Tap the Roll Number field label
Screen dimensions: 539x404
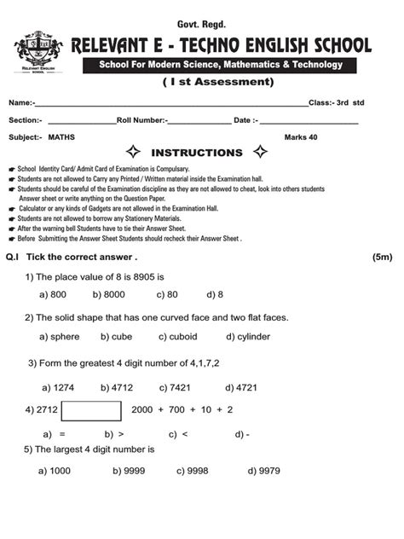[142, 119]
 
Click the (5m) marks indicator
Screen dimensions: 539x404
[382, 257]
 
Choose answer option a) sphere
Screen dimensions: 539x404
[60, 337]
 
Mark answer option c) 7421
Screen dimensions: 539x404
[175, 387]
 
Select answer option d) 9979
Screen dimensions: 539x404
[264, 471]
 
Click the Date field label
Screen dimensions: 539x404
[246, 119]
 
